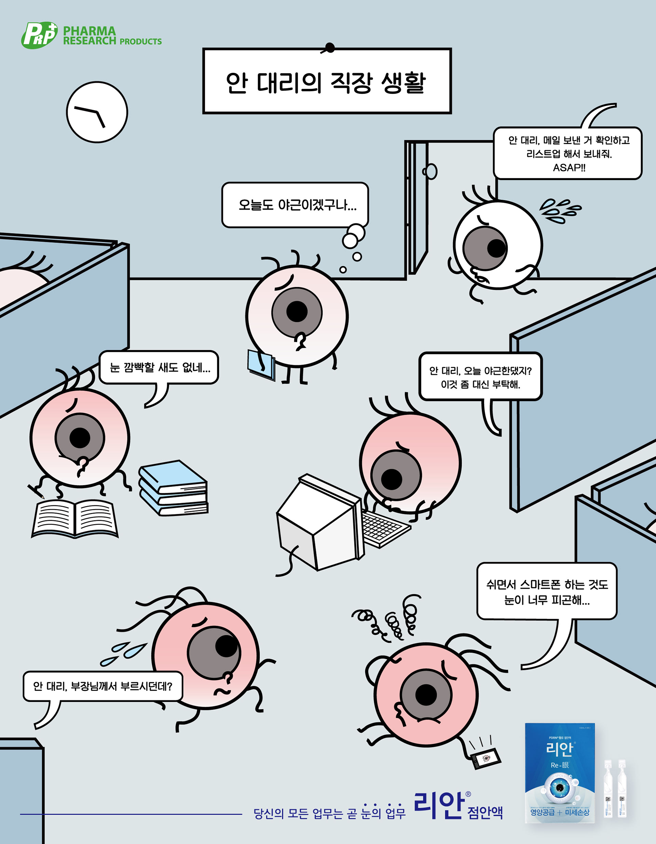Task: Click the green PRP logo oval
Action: [39, 36]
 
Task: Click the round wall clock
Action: [97, 112]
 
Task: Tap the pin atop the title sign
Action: [330, 47]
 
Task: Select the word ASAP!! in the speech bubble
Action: [569, 168]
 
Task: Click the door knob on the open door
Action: [430, 171]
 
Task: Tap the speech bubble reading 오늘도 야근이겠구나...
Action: [295, 204]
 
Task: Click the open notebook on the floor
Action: [74, 519]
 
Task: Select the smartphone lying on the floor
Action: [485, 758]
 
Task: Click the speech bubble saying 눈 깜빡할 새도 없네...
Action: [159, 368]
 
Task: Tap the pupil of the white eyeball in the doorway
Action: [496, 248]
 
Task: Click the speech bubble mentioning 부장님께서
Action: [102, 686]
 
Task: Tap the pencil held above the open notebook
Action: [36, 491]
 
